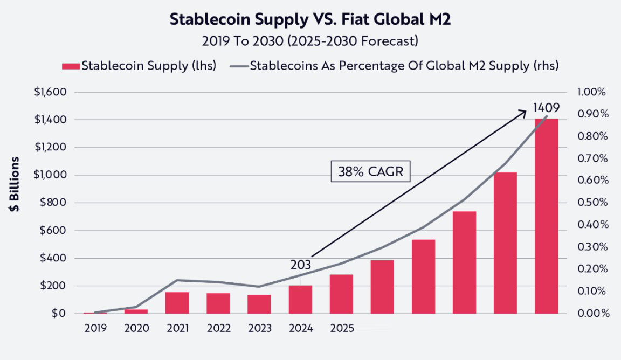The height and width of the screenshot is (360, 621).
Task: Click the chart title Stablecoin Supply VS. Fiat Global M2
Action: (310, 19)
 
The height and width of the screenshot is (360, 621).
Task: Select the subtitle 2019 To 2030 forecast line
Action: (310, 41)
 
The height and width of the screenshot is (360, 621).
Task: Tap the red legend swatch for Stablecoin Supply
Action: (71, 66)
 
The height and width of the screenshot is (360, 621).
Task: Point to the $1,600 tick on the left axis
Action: (50, 92)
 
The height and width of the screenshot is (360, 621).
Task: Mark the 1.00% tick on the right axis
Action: (591, 92)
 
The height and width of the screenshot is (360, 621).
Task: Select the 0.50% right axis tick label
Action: (591, 203)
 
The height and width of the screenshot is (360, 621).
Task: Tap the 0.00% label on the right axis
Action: (591, 313)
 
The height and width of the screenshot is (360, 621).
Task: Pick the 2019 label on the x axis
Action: (95, 328)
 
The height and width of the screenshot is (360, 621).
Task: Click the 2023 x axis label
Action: (259, 328)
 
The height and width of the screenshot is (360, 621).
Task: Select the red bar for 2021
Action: (177, 303)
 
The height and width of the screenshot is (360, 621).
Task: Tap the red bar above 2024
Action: (300, 300)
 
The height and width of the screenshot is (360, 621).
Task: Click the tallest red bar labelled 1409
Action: (546, 216)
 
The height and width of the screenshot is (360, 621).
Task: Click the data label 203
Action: (300, 265)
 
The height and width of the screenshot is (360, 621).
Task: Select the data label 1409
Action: (546, 107)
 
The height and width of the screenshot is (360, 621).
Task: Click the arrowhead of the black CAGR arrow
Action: (524, 112)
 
